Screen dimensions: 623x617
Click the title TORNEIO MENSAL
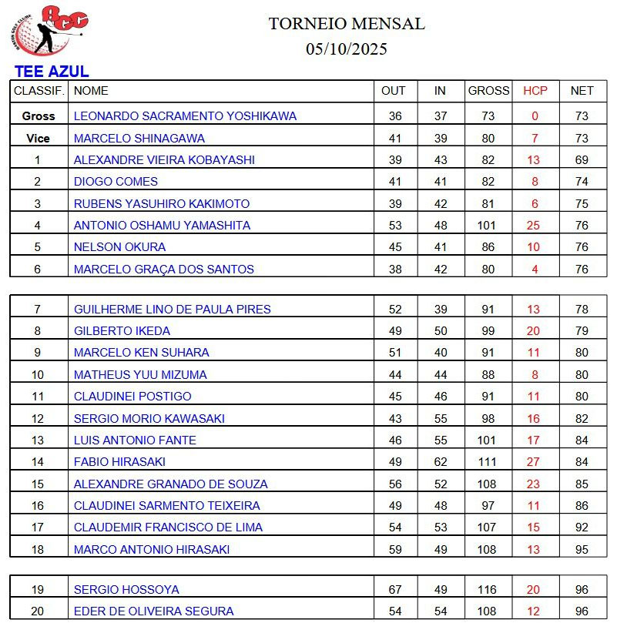(346, 24)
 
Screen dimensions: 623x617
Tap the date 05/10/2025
(346, 49)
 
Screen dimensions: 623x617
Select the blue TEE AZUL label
(51, 72)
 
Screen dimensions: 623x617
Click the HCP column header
(535, 91)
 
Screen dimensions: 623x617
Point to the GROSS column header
(488, 91)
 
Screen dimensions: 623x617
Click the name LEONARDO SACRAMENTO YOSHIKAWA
(185, 116)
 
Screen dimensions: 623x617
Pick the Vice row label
(39, 139)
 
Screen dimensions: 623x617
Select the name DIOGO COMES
(116, 182)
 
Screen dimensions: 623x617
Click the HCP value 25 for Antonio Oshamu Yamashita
(535, 226)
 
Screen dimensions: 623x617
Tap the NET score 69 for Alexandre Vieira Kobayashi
(582, 160)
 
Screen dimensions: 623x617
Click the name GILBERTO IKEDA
(122, 331)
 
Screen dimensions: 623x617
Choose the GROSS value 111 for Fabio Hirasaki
(488, 462)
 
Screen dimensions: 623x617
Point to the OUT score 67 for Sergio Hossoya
(394, 590)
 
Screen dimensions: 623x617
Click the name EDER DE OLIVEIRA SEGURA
(153, 611)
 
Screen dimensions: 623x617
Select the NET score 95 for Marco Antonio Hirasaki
(582, 550)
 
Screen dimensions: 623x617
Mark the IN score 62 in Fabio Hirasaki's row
(440, 462)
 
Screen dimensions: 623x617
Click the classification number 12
(38, 419)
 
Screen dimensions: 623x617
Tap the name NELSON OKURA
(119, 247)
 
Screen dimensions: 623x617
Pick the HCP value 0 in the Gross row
(535, 116)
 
